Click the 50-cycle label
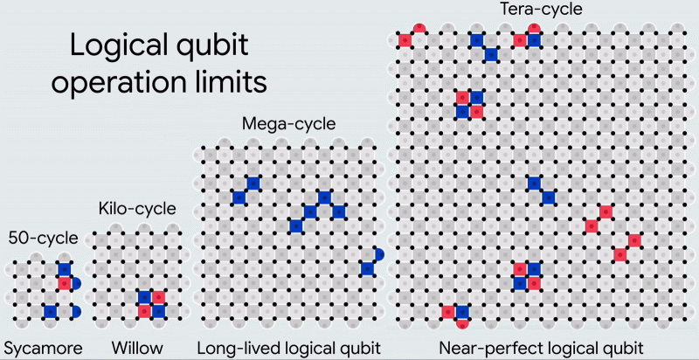coord(43,237)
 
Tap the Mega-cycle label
coord(288,124)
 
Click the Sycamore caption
coord(43,349)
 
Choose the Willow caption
coord(137,349)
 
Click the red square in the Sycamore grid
coord(64,283)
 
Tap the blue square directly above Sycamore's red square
coord(64,268)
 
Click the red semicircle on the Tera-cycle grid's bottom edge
coord(462,323)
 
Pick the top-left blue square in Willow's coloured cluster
coord(144,297)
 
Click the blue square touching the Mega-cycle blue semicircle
coord(367,268)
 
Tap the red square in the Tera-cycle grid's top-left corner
coord(405,40)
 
